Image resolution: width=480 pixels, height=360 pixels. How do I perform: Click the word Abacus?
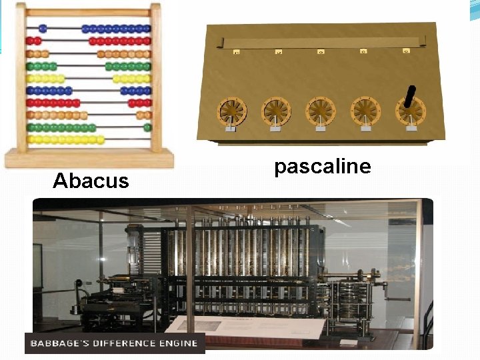(91, 180)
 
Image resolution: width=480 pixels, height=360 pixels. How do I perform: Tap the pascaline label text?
(322, 166)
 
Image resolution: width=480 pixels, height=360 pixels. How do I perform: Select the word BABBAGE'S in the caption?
(55, 343)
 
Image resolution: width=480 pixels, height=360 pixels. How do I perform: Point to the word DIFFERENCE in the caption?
(124, 343)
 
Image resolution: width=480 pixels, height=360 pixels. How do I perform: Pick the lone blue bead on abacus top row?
(43, 29)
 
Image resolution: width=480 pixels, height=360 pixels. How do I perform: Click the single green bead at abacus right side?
(147, 127)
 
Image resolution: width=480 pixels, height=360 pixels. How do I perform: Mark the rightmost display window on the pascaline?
(405, 50)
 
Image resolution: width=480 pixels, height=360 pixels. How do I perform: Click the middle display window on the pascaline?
(321, 51)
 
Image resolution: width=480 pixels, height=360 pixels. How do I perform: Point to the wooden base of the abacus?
(89, 159)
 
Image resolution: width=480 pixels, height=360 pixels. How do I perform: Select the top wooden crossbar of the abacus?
(89, 12)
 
